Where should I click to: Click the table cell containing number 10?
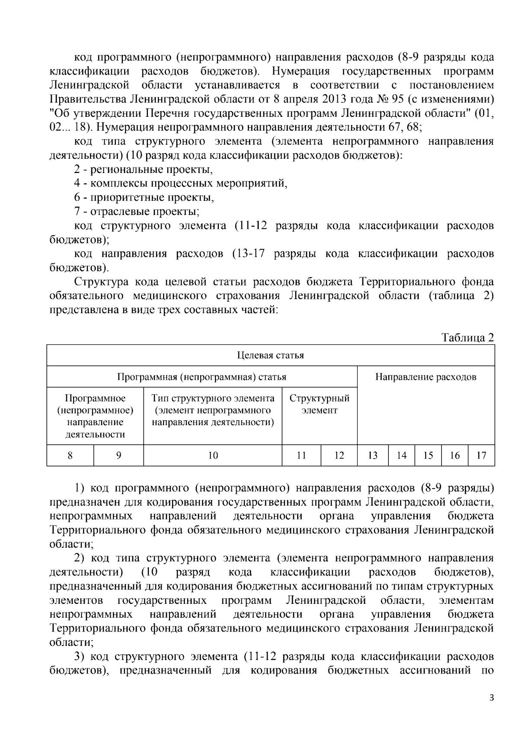click(x=213, y=455)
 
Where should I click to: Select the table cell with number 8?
click(x=70, y=455)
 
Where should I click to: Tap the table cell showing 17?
click(x=481, y=455)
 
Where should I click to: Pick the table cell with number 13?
click(x=373, y=455)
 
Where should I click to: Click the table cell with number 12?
click(x=339, y=455)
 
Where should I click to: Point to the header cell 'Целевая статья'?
click(x=271, y=355)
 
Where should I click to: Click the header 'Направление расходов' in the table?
click(x=426, y=377)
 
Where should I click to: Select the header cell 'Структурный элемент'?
click(x=319, y=404)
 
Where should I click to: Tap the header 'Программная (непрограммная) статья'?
click(x=202, y=377)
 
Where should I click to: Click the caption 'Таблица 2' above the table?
click(x=468, y=337)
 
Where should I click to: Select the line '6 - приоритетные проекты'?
click(x=144, y=198)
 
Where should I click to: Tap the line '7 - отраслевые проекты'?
click(x=137, y=212)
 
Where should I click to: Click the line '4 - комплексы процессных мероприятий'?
click(x=181, y=183)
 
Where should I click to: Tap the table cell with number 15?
click(x=428, y=455)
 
